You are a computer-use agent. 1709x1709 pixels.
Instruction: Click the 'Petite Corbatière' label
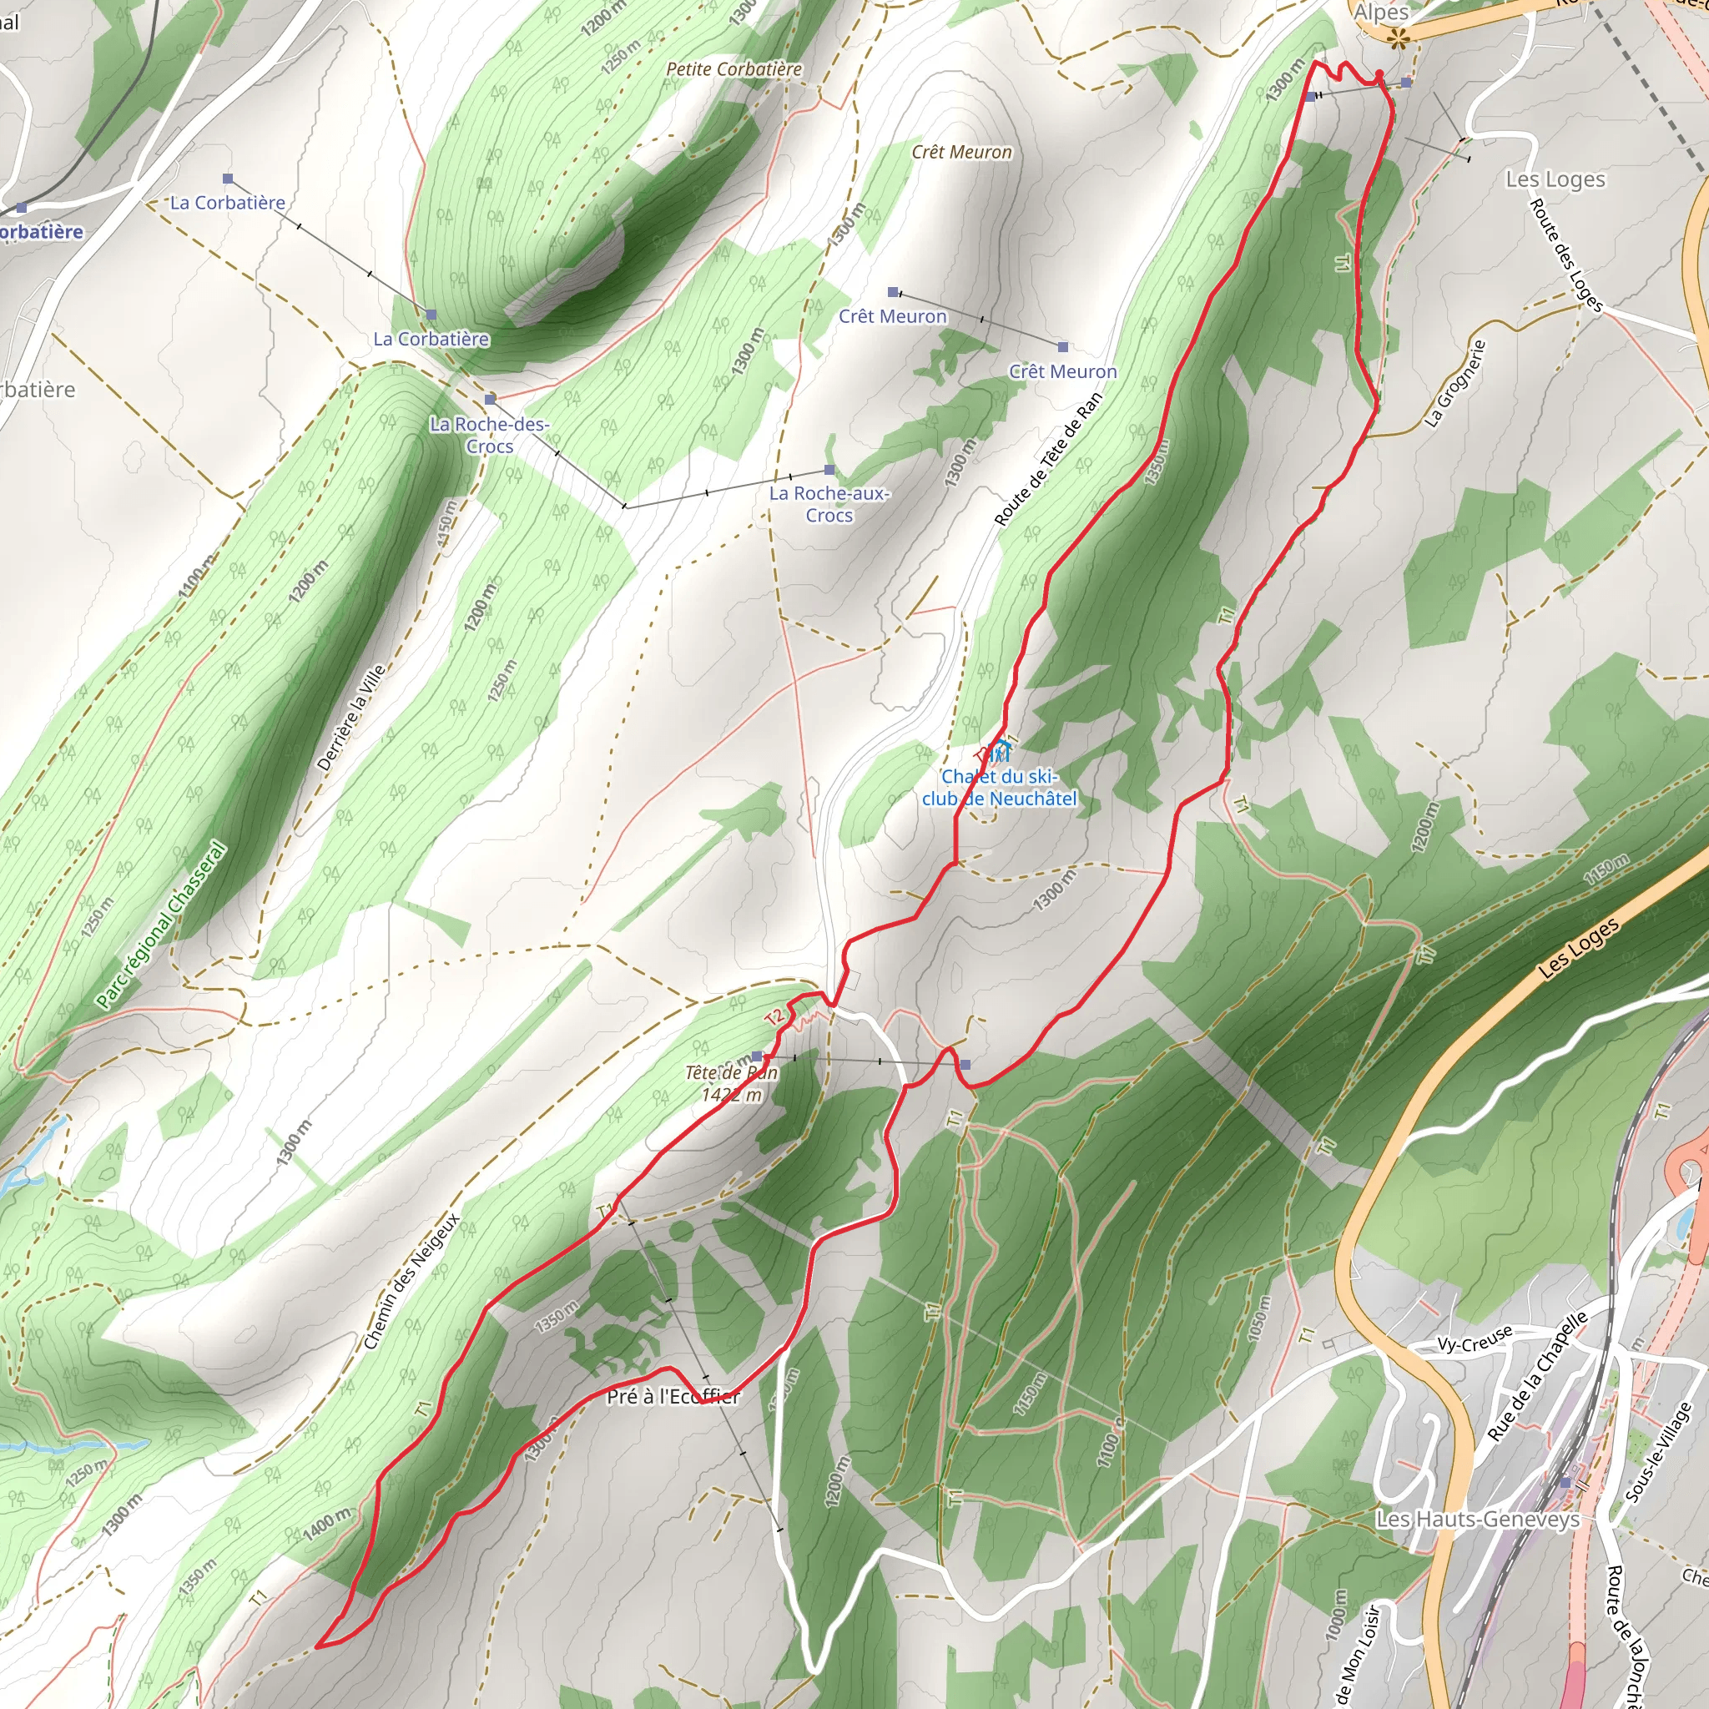point(734,69)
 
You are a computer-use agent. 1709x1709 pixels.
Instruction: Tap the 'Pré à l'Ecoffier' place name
point(673,1397)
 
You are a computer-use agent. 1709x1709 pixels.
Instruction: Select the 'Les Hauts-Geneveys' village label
point(1477,1519)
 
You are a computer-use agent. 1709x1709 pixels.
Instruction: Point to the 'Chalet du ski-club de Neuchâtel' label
point(1000,787)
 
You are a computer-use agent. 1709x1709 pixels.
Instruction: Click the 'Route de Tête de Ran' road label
point(1049,459)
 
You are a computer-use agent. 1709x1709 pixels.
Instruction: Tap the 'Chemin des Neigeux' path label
point(411,1282)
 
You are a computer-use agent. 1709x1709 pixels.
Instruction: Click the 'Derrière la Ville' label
point(351,718)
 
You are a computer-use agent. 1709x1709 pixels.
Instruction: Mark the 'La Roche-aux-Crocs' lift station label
point(829,504)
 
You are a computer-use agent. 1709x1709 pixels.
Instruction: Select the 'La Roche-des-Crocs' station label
point(489,436)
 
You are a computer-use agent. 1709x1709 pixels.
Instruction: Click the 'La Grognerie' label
point(1454,384)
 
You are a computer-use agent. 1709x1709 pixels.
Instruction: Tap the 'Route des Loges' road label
point(1565,255)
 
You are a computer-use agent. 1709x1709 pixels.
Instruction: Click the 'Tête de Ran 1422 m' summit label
point(732,1084)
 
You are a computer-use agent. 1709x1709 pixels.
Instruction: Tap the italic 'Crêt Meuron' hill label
point(961,152)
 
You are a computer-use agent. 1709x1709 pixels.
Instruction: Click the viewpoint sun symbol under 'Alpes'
point(1398,38)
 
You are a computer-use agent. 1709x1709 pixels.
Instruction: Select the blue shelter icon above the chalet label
point(999,750)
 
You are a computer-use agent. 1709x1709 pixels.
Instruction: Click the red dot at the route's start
point(1379,73)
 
